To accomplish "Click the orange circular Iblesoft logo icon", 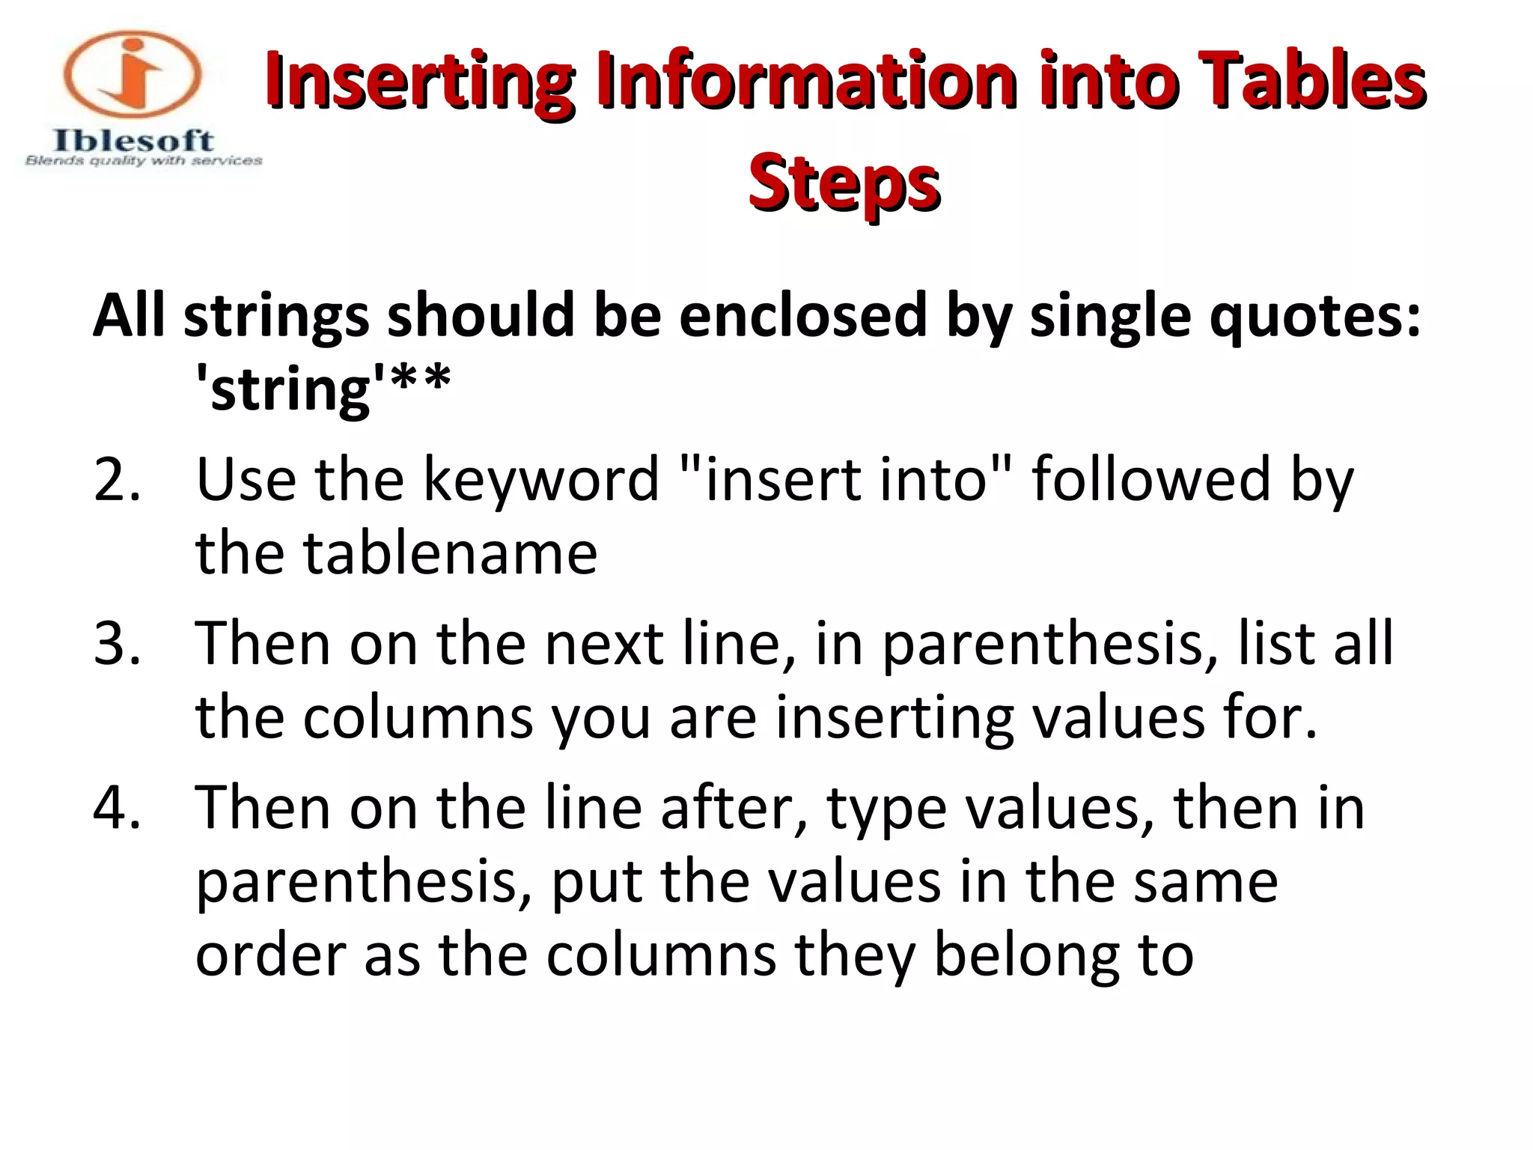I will [132, 75].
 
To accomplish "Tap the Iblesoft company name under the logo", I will [133, 140].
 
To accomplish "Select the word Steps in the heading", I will [844, 182].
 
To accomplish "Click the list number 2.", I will [117, 479].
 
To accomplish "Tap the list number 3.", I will [117, 644].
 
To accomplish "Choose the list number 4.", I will [117, 809].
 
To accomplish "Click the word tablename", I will [450, 553].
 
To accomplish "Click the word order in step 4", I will [269, 957].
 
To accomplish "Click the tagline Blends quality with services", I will [144, 161].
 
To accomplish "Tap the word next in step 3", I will [604, 644].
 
